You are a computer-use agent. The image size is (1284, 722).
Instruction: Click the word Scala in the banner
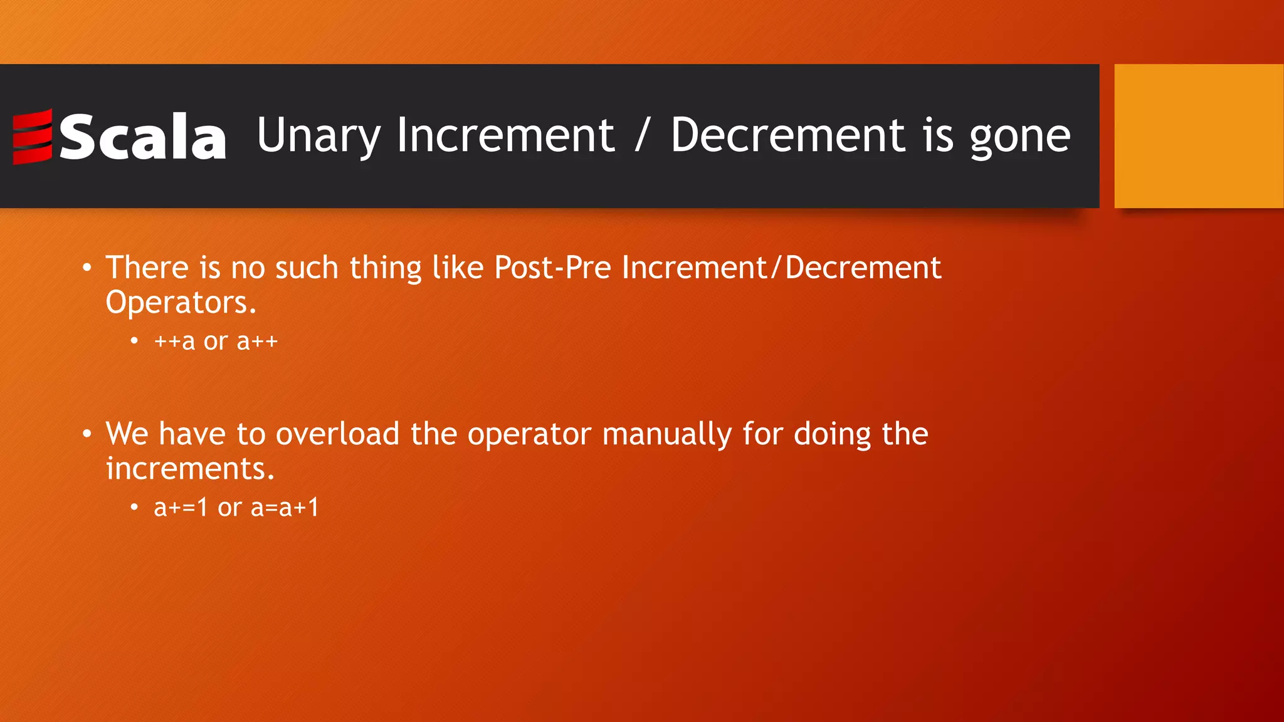click(x=143, y=137)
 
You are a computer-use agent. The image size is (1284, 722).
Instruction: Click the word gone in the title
click(x=1020, y=137)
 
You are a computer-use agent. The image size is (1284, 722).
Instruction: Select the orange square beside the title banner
click(x=1198, y=135)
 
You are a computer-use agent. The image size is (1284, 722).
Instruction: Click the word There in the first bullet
click(x=147, y=268)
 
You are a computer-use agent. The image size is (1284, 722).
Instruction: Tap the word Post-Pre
click(x=552, y=268)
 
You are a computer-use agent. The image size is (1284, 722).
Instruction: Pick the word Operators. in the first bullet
click(x=181, y=303)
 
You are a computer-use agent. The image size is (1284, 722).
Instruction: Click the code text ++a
click(x=174, y=342)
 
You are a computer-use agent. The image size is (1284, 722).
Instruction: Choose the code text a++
click(x=257, y=342)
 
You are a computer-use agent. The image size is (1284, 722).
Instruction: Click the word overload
click(x=337, y=434)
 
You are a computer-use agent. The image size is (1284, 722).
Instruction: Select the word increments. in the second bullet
click(x=190, y=469)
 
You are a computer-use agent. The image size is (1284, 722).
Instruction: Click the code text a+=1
click(x=181, y=507)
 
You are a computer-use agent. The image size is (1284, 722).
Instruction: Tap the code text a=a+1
click(x=285, y=507)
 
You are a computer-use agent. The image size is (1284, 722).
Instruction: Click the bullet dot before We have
click(x=87, y=434)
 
